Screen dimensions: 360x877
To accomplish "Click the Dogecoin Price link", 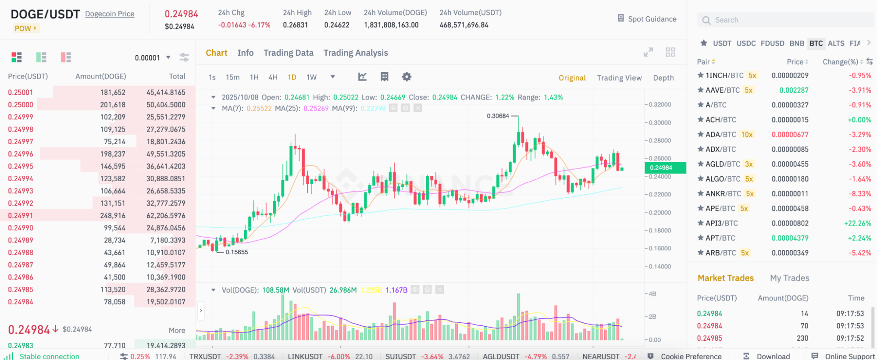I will click(x=110, y=14).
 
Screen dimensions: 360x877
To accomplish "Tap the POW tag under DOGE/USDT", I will click(x=25, y=29).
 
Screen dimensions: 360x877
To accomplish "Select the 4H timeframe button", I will click(x=273, y=77).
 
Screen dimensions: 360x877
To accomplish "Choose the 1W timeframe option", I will click(x=311, y=77).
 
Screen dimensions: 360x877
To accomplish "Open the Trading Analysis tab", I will click(x=356, y=53).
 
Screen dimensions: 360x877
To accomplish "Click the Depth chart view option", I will click(x=663, y=78).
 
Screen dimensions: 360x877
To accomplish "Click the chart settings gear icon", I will click(x=406, y=77).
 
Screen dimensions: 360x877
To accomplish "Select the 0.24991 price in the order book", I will click(x=20, y=216).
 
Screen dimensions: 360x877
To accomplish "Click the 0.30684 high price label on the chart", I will click(x=498, y=116).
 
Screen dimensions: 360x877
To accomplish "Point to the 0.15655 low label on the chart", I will click(x=237, y=253).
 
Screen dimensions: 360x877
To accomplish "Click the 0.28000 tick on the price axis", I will click(x=660, y=141).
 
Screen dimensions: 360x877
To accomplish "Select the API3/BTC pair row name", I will click(x=721, y=223).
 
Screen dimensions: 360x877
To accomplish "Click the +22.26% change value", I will click(x=857, y=223).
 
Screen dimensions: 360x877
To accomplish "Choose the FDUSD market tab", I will click(x=772, y=43).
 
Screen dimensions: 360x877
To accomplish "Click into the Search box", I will click(x=785, y=20).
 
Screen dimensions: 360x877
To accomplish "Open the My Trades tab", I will click(x=789, y=278).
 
